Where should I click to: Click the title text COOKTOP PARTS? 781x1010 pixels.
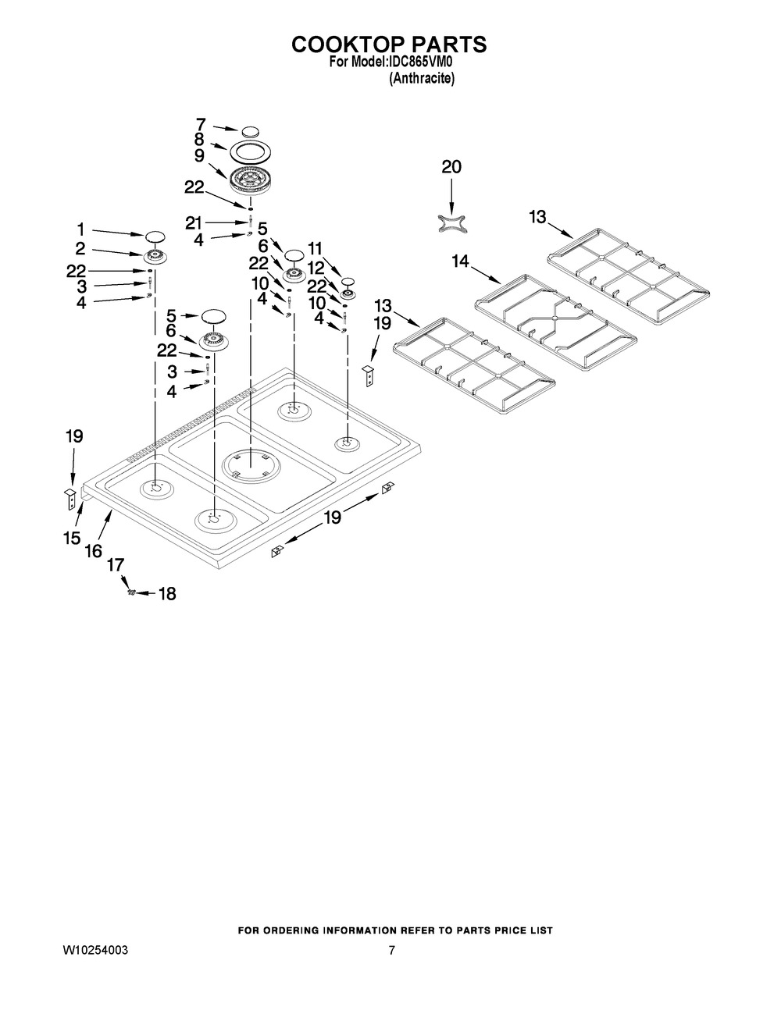(x=389, y=44)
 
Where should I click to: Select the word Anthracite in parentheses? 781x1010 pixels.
(x=422, y=79)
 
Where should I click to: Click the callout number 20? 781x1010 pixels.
(x=451, y=166)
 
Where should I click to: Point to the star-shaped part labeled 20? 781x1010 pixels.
(x=451, y=223)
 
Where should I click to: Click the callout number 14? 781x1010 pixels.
(x=461, y=261)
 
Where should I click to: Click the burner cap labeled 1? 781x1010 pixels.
(x=155, y=236)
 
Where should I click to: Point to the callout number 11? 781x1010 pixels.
(x=315, y=249)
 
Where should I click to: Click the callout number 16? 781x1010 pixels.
(x=94, y=551)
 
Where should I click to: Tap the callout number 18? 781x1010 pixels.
(x=167, y=593)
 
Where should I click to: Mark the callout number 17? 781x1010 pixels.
(x=116, y=565)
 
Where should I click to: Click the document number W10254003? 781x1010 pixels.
(x=95, y=951)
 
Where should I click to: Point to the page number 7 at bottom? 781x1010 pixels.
(x=391, y=951)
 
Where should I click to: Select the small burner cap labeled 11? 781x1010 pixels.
(x=348, y=281)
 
